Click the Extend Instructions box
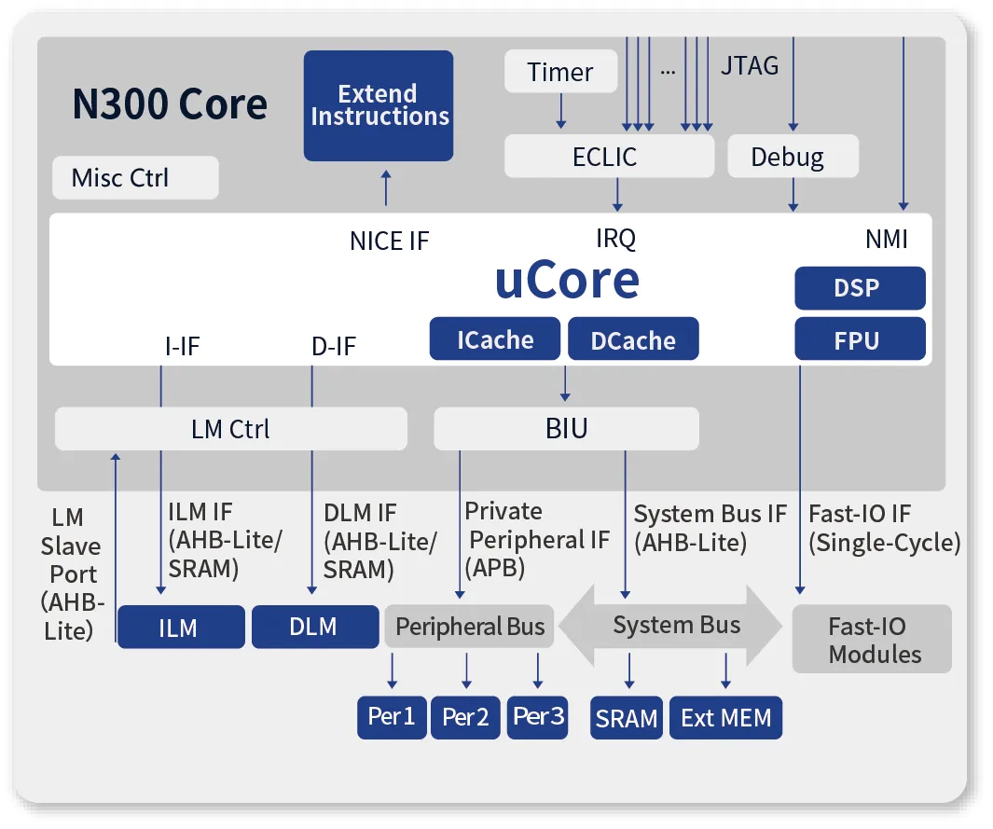379,105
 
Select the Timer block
560,72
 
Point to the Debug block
792,157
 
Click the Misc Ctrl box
135,177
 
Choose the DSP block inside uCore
859,288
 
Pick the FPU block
859,339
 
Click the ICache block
494,339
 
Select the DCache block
633,339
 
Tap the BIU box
566,429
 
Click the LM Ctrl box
230,429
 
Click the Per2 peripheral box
465,717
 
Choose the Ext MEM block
725,718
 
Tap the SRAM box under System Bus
627,718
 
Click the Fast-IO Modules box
872,640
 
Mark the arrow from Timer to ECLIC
561,112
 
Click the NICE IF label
390,241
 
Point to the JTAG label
750,66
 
